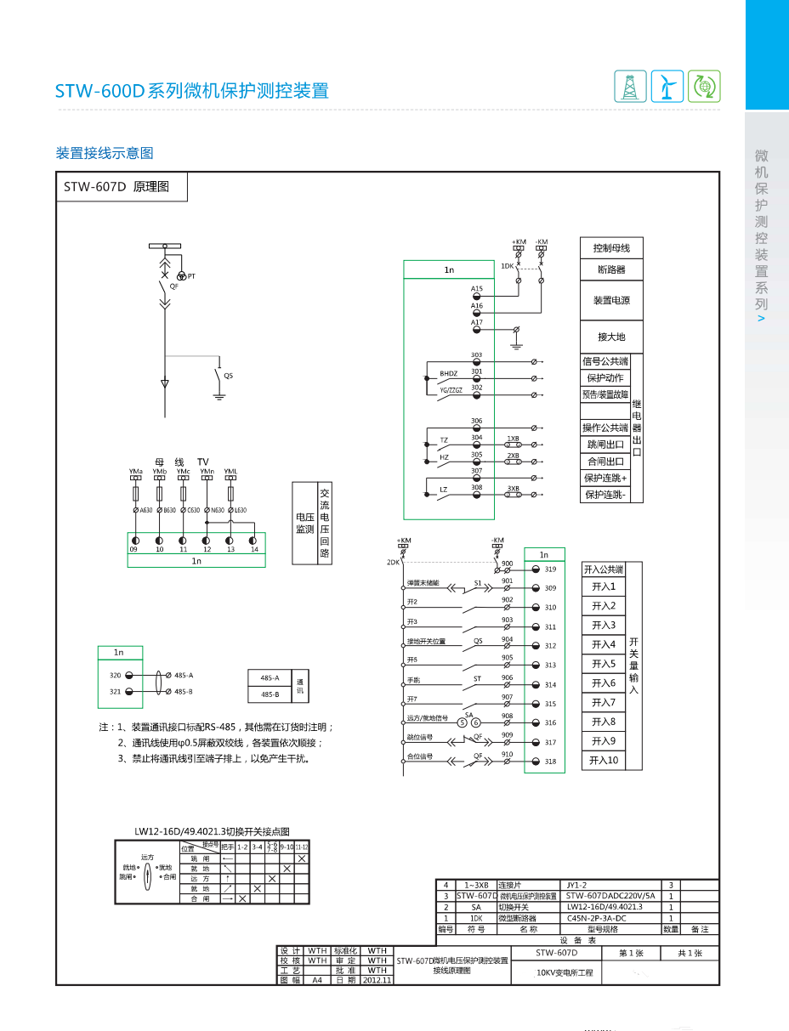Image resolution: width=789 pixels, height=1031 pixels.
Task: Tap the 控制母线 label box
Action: coord(611,248)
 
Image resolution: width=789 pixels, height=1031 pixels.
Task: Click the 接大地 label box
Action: coord(611,337)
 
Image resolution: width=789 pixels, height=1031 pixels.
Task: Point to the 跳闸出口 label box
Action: coord(605,445)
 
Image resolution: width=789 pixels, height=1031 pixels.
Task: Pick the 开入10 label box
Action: coord(604,761)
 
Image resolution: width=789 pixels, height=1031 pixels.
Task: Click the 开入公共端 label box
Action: coord(604,569)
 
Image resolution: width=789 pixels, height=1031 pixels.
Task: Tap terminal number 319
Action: coord(550,569)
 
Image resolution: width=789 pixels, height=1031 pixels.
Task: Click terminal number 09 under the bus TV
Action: coord(133,550)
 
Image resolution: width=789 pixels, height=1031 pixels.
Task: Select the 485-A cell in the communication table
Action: coord(270,678)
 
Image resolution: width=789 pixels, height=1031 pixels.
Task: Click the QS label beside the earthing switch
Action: coord(227,376)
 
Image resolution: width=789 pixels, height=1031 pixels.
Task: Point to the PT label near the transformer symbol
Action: coord(191,276)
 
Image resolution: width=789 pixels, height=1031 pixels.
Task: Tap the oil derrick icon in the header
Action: coord(630,86)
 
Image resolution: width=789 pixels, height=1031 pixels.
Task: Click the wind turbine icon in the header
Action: coord(667,86)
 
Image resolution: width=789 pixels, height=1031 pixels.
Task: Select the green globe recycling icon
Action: coord(704,86)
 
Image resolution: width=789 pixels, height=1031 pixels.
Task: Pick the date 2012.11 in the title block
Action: coord(377,980)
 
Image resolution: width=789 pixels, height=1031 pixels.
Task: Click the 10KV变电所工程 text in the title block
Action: coord(565,972)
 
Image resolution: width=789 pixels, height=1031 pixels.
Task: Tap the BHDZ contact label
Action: coord(448,374)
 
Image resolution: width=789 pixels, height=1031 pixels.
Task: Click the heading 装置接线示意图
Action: coord(105,153)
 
